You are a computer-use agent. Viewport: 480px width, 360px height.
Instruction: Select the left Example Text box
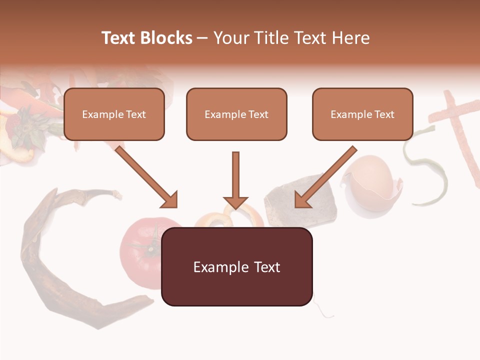[x=114, y=114]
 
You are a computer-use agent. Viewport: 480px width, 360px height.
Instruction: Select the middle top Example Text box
[x=236, y=114]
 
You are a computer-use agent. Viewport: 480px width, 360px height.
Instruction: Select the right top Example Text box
[x=362, y=114]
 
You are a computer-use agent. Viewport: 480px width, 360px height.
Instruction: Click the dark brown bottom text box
[x=236, y=266]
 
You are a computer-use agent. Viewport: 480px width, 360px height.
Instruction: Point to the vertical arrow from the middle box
[x=235, y=180]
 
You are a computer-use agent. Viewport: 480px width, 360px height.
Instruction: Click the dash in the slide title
[x=202, y=38]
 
